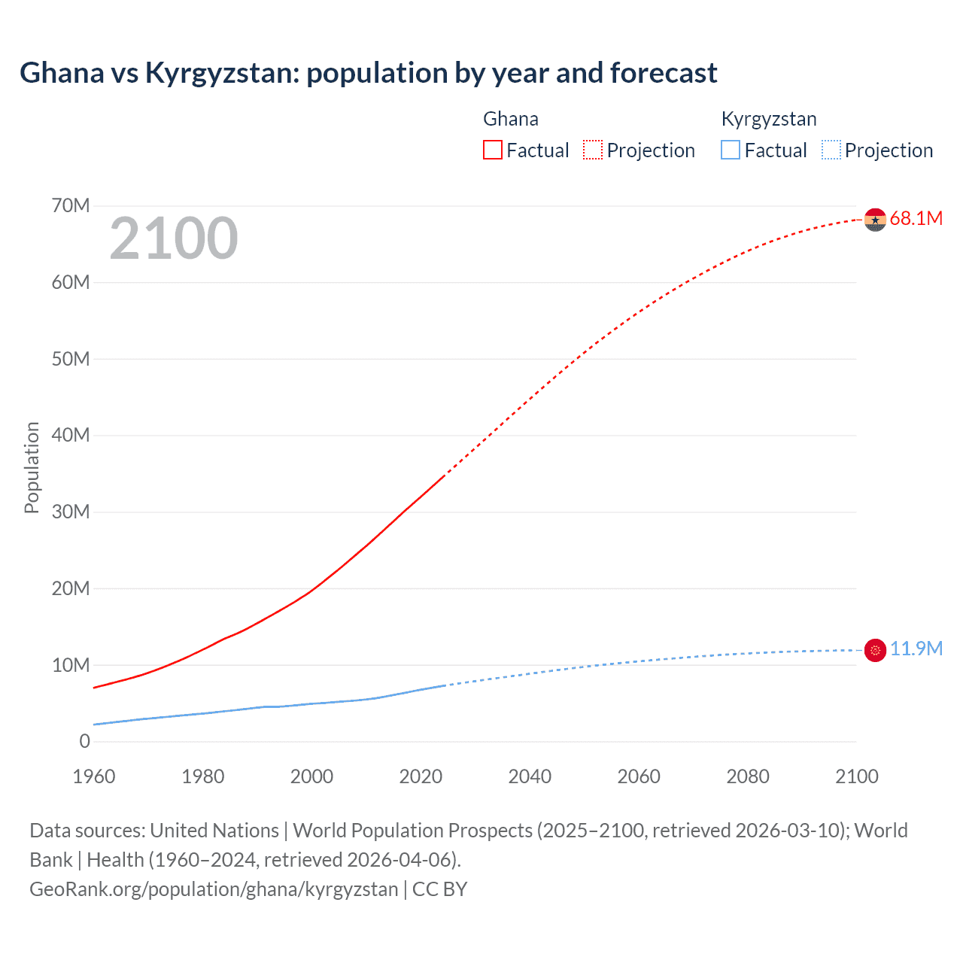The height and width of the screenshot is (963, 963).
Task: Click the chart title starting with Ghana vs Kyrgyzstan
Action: (368, 73)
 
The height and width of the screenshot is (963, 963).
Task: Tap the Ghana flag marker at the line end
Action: (875, 220)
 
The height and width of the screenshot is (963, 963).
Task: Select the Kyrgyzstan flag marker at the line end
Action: (875, 650)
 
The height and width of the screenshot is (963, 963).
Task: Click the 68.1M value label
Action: (916, 219)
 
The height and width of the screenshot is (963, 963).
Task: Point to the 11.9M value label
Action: (916, 649)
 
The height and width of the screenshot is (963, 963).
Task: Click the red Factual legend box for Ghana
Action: (493, 150)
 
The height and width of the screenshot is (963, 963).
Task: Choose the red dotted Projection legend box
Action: (593, 150)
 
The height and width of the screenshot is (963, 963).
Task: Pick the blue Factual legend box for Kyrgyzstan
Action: (731, 150)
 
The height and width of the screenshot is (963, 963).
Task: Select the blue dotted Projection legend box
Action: (831, 150)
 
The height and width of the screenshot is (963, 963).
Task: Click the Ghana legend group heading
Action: (510, 120)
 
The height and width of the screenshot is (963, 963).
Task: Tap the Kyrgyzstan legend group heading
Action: (768, 120)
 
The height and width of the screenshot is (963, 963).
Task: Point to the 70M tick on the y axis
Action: (71, 206)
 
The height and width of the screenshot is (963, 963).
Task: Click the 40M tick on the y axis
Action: (71, 436)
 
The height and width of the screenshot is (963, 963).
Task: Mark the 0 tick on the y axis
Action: (84, 742)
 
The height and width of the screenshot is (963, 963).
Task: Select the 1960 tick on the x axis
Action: (94, 776)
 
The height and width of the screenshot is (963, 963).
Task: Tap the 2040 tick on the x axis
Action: (530, 776)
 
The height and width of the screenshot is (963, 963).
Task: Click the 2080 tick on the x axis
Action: (748, 776)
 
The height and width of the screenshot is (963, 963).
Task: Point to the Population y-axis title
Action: (32, 467)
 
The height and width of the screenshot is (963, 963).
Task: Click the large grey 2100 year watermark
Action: (174, 239)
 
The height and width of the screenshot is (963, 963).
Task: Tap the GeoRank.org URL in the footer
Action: (214, 889)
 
